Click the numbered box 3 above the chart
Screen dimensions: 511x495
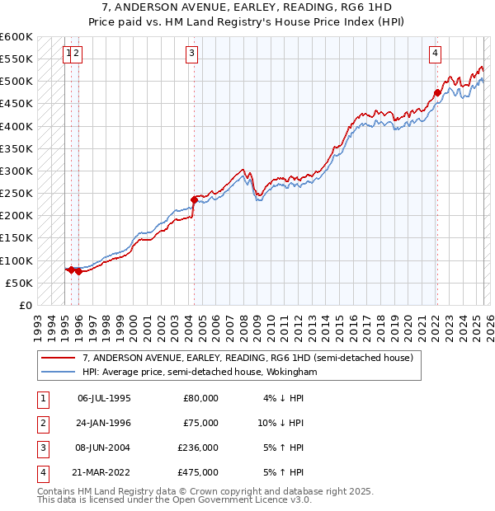(191, 54)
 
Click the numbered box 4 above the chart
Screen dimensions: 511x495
(435, 54)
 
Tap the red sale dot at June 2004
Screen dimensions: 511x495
(194, 199)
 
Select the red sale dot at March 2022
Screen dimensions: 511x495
(437, 92)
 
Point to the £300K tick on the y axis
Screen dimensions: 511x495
(16, 171)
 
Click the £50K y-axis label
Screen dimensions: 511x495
(19, 283)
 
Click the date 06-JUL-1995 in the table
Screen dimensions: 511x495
(104, 398)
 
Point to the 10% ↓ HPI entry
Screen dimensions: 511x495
(280, 423)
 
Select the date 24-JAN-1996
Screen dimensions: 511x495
(104, 423)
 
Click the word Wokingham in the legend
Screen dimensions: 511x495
(286, 372)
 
